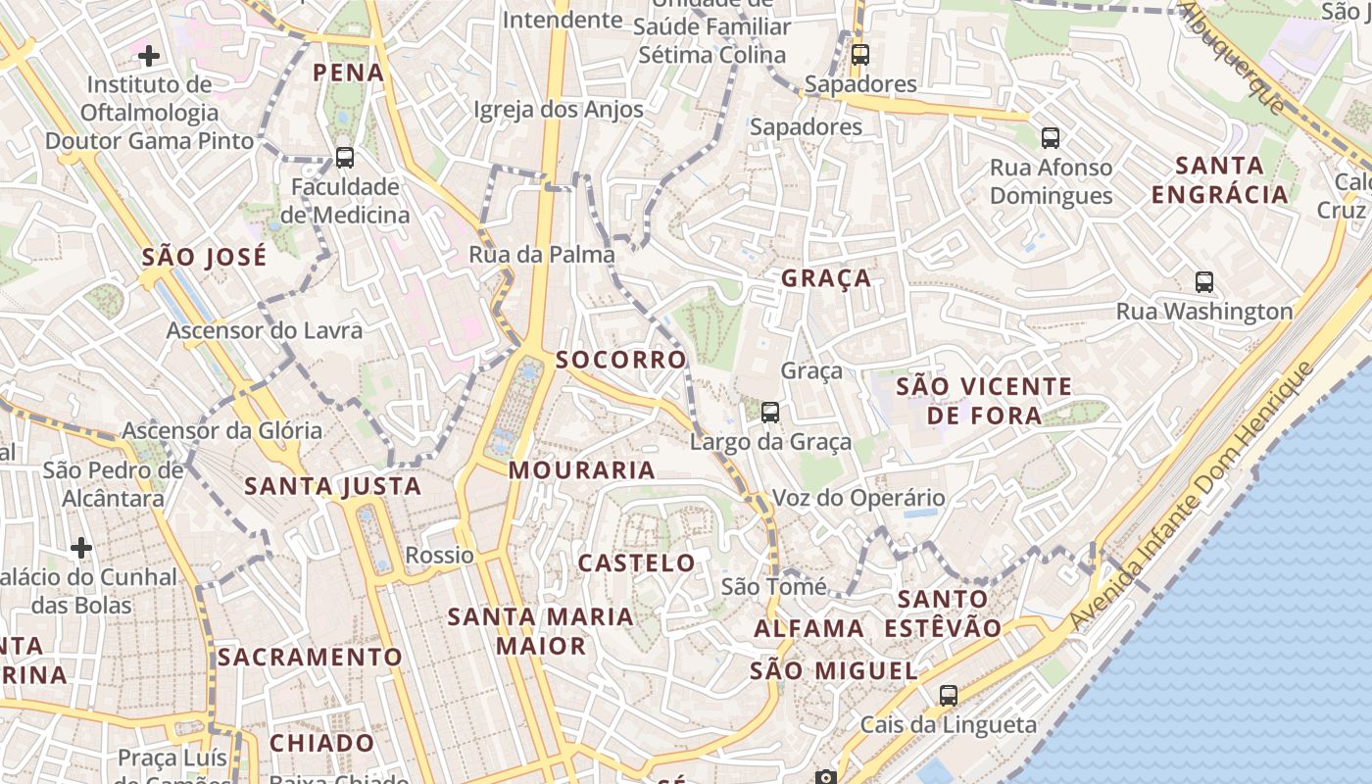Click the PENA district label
click(x=348, y=73)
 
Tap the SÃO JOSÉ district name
click(x=204, y=258)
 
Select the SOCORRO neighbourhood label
click(x=621, y=360)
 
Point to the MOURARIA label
click(x=582, y=470)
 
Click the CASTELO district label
click(x=637, y=563)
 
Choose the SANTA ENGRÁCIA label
click(x=1219, y=179)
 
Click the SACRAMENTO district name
click(x=310, y=657)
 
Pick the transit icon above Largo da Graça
click(x=770, y=413)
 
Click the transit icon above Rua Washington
click(x=1204, y=282)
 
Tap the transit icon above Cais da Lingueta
click(x=948, y=696)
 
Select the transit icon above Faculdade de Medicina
click(x=344, y=157)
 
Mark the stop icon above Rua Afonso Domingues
click(x=1051, y=138)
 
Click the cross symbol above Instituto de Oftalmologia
click(x=149, y=56)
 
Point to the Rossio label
click(x=439, y=556)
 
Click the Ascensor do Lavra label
click(x=265, y=330)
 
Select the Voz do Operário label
click(x=858, y=498)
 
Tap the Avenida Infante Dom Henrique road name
click(x=1191, y=497)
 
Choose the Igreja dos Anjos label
click(x=559, y=110)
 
